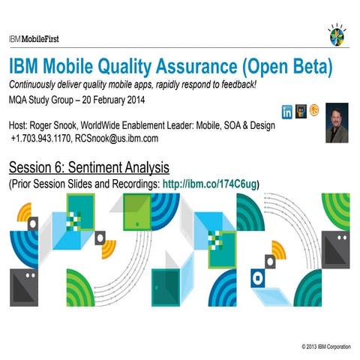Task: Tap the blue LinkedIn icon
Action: tap(286, 112)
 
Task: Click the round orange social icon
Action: tap(314, 112)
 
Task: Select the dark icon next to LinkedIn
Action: tap(301, 112)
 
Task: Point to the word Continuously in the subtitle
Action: tap(37, 82)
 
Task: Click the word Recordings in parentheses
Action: tap(133, 183)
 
